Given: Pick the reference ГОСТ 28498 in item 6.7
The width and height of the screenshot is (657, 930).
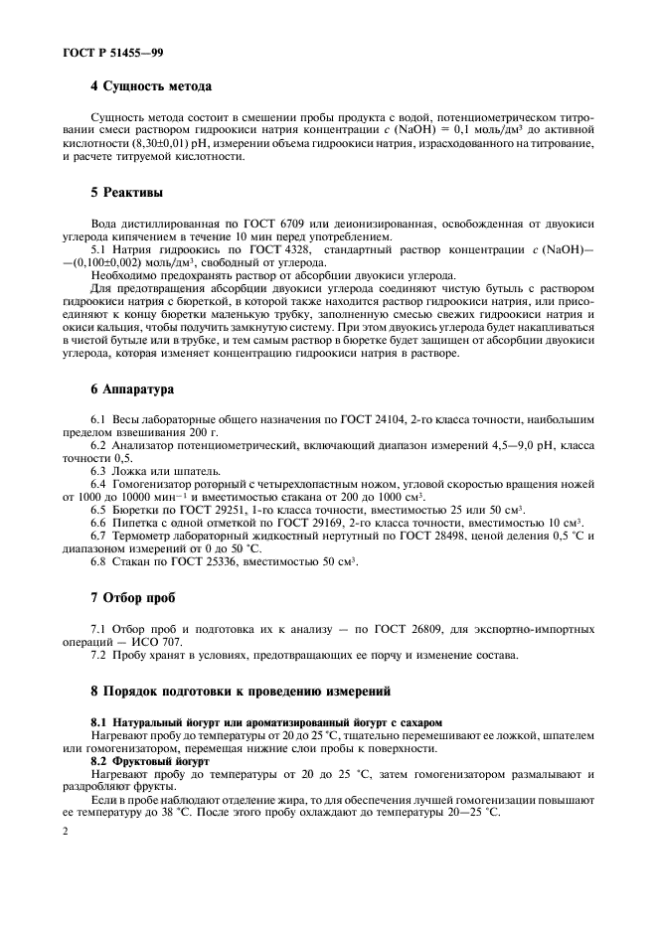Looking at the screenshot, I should click(459, 537).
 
